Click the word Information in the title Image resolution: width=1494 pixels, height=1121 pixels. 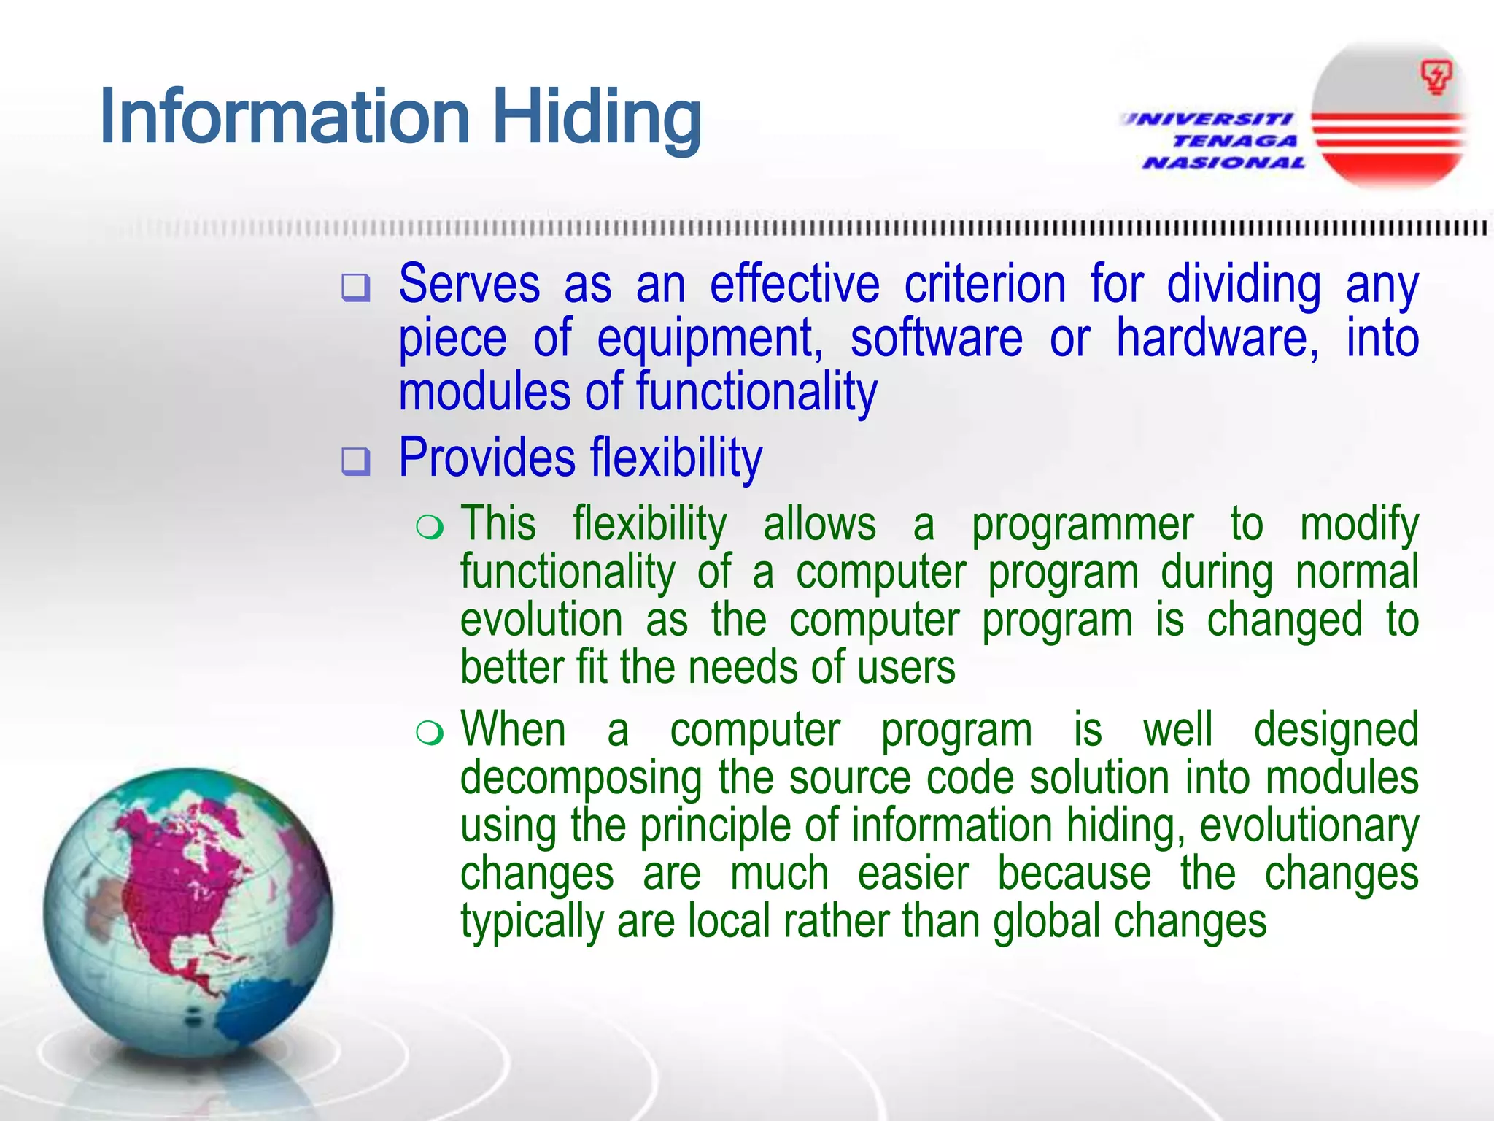click(285, 117)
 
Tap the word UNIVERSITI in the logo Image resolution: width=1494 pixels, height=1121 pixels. click(1207, 118)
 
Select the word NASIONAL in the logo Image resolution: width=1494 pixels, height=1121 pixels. click(1223, 162)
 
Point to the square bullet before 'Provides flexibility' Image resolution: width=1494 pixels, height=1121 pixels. click(356, 461)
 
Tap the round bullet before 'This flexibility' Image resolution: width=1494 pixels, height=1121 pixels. click(430, 527)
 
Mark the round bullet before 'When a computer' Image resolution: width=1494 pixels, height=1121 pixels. click(430, 733)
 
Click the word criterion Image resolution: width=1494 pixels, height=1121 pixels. click(985, 284)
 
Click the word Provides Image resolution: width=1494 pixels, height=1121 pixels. click(487, 458)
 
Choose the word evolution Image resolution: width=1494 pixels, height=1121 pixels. click(541, 620)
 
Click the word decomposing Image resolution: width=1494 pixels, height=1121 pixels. click(581, 779)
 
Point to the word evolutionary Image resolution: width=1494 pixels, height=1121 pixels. click(1309, 825)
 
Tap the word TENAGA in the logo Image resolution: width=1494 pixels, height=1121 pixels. click(1235, 140)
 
